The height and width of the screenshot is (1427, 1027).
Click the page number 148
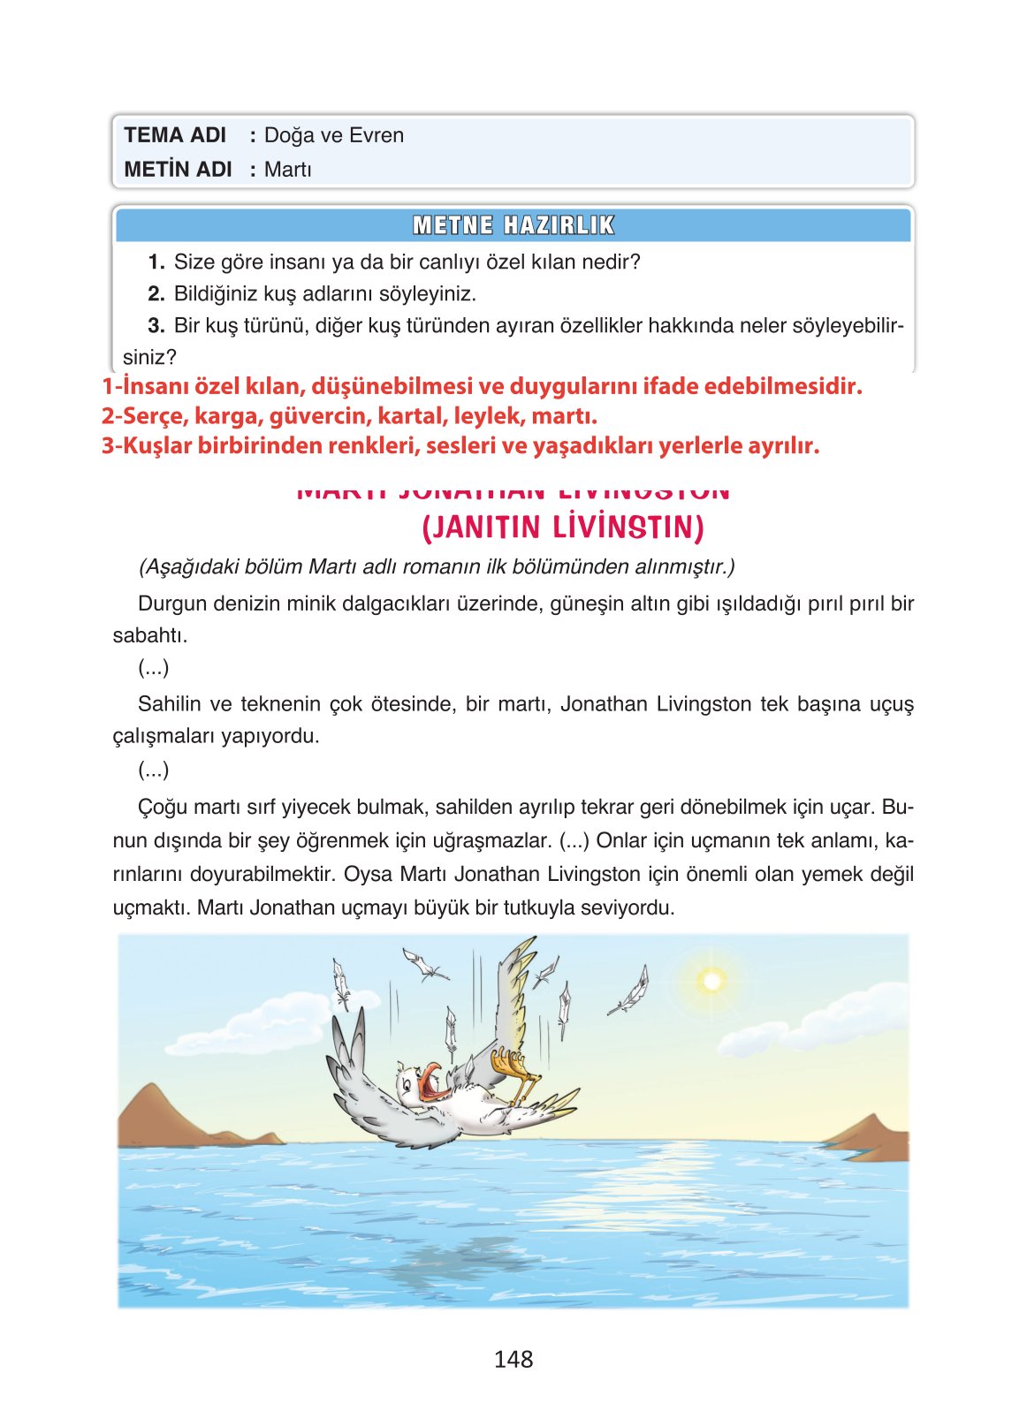click(513, 1359)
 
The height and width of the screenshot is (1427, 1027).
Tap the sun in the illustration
click(711, 981)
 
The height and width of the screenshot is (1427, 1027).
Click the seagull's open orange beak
click(432, 1081)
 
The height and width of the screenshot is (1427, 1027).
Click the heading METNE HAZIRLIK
click(513, 225)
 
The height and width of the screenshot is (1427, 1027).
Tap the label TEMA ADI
click(175, 135)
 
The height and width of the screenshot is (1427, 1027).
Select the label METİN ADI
click(178, 169)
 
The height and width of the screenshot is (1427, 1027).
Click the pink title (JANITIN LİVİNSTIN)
click(563, 528)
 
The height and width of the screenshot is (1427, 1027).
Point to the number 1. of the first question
click(156, 262)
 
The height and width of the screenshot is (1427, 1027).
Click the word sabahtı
click(149, 635)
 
